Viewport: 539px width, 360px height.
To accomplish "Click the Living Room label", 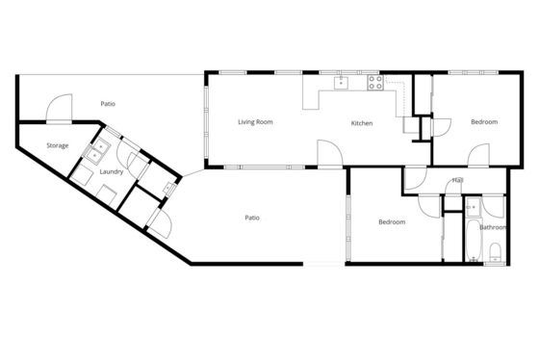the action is pyautogui.click(x=255, y=122).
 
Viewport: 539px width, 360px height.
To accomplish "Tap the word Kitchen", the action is pyautogui.click(x=362, y=123).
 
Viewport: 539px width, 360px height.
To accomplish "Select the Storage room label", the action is pyautogui.click(x=58, y=145).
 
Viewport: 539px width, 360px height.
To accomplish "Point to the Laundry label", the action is pyautogui.click(x=112, y=171).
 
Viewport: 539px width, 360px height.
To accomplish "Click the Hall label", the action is pyautogui.click(x=458, y=180).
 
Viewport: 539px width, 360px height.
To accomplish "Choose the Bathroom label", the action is pyautogui.click(x=493, y=227).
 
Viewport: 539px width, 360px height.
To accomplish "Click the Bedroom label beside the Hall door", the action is pyautogui.click(x=392, y=222).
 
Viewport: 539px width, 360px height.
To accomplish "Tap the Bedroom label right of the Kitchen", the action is pyautogui.click(x=484, y=121).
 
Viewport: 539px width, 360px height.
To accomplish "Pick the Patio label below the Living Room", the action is pyautogui.click(x=252, y=218).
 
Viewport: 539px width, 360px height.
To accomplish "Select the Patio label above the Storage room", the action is pyautogui.click(x=108, y=104).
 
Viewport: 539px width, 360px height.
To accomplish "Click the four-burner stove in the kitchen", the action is pyautogui.click(x=375, y=83).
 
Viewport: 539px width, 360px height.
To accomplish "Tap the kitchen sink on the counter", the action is pyautogui.click(x=341, y=83).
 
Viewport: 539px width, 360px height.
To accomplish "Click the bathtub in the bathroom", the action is pyautogui.click(x=474, y=241).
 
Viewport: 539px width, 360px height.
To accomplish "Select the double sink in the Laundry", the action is pyautogui.click(x=97, y=152).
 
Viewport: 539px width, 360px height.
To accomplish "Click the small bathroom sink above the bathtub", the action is pyautogui.click(x=474, y=207).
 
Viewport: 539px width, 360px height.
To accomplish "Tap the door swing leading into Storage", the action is pyautogui.click(x=59, y=108).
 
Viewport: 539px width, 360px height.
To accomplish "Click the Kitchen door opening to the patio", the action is pyautogui.click(x=330, y=154).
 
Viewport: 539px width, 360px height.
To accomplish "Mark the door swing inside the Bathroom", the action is pyautogui.click(x=493, y=206).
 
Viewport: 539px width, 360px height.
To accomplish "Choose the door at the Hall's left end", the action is pyautogui.click(x=416, y=178).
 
